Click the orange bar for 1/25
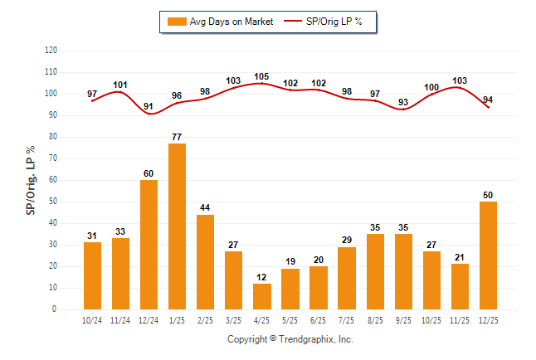[x=177, y=226]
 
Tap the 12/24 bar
[x=149, y=245]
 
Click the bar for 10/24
[x=92, y=275]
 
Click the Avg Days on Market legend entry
[x=219, y=22]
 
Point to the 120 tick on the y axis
[x=51, y=51]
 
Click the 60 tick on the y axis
[x=53, y=180]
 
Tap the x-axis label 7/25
[x=346, y=319]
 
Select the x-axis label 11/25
[x=459, y=319]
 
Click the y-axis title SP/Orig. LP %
[x=31, y=179]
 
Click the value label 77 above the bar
[x=177, y=136]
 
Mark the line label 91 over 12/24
[x=149, y=106]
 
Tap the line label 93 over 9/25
[x=402, y=102]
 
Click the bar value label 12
[x=261, y=276]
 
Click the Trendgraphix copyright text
[x=290, y=339]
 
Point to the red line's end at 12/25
[x=488, y=108]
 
